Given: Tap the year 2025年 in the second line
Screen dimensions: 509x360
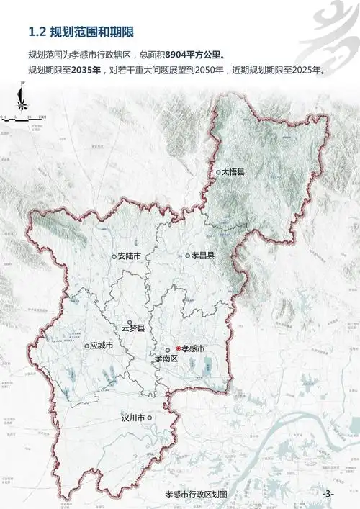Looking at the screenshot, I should [x=307, y=71].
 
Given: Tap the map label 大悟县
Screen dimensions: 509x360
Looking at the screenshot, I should [x=235, y=172].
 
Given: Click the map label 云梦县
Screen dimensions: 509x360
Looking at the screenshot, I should [x=133, y=328].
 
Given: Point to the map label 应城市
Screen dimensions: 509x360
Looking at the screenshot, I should [x=102, y=346].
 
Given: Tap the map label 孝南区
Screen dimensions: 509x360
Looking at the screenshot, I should [x=166, y=357].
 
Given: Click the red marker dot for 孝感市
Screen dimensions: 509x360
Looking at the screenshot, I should [x=178, y=348].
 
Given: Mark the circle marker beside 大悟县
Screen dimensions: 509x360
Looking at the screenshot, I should [x=218, y=172].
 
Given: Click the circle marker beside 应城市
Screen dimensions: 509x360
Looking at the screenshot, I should [x=86, y=346].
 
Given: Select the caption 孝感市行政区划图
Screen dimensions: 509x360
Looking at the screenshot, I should [x=196, y=495].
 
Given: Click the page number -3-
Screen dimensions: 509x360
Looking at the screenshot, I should [x=328, y=494].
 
